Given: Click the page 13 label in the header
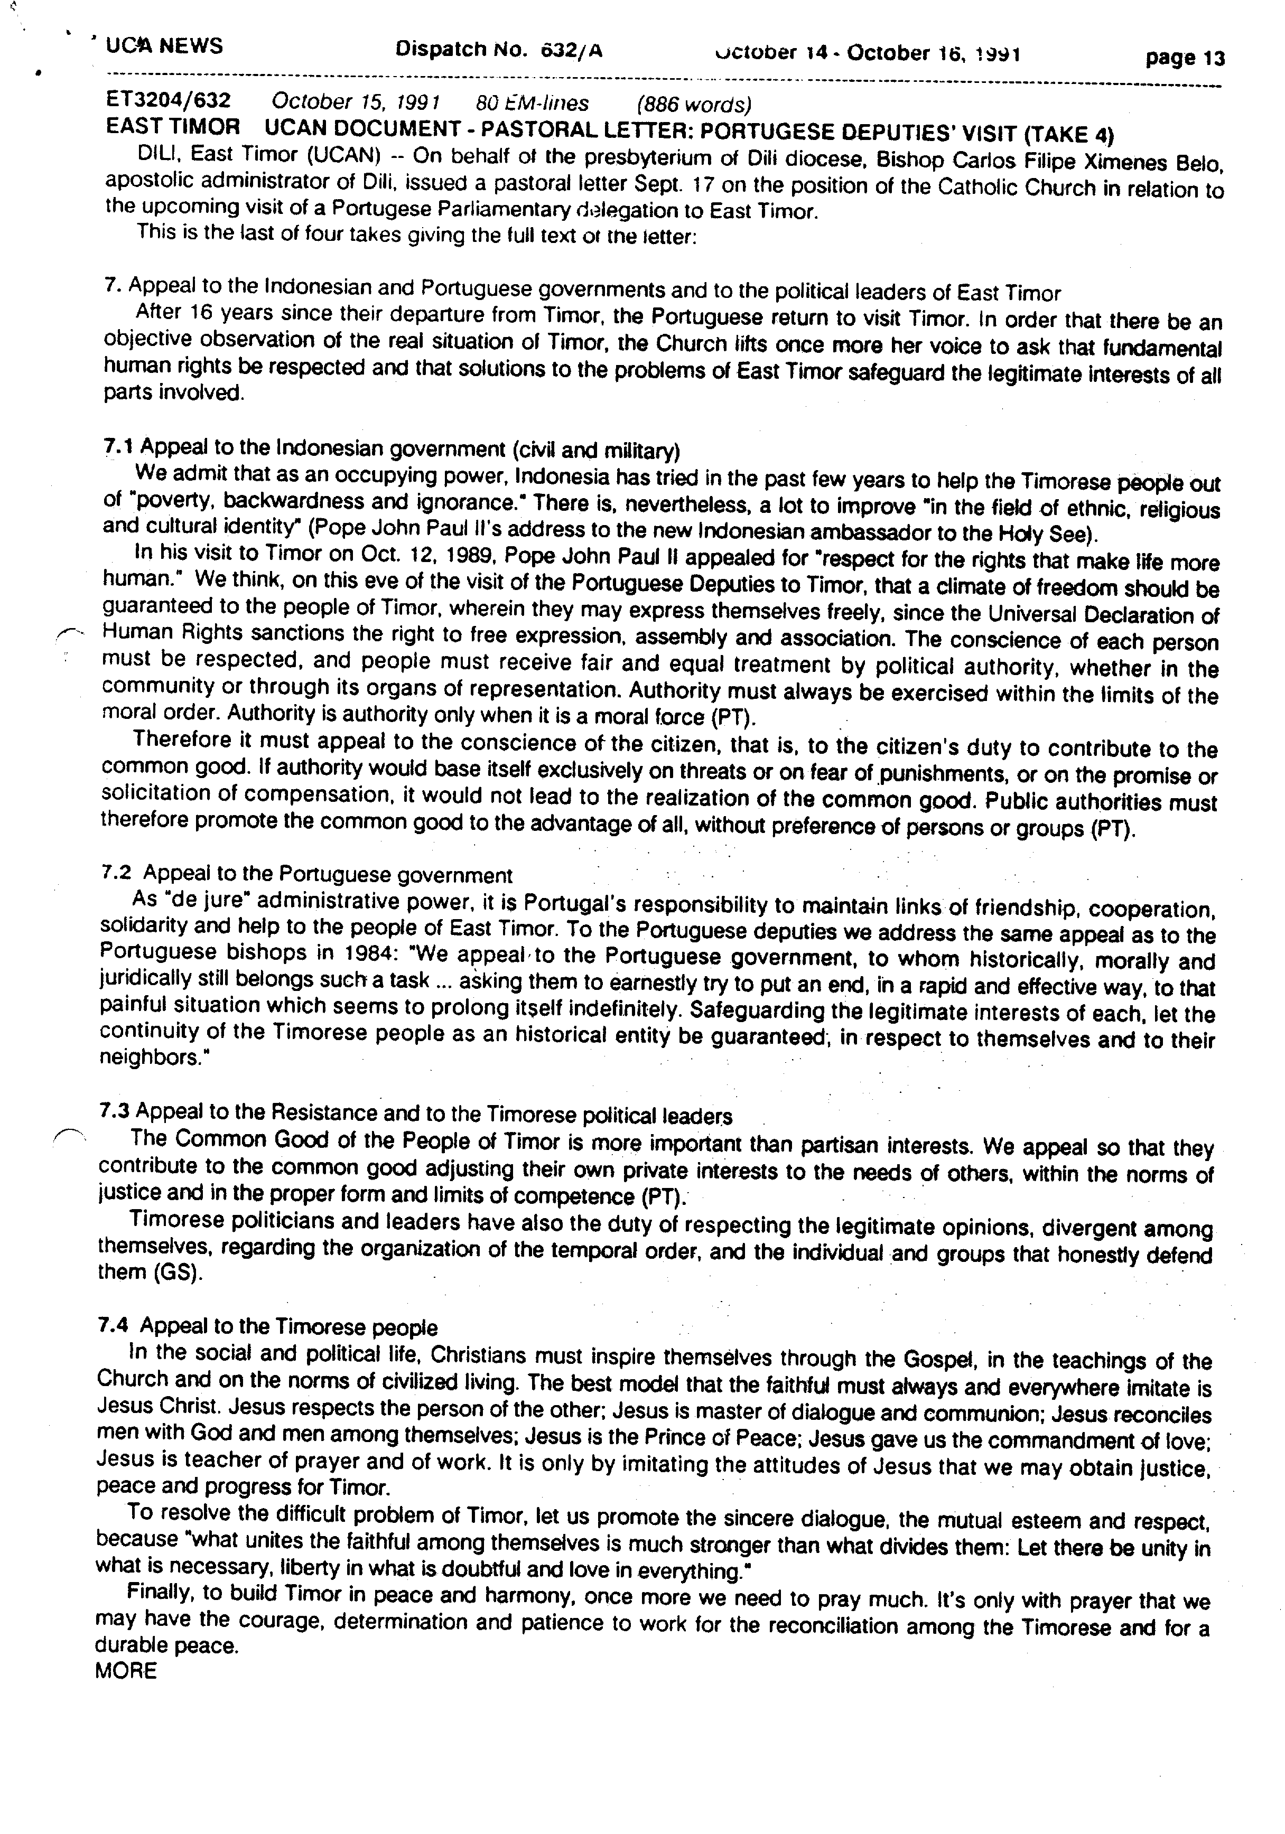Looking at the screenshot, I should pyautogui.click(x=1184, y=58).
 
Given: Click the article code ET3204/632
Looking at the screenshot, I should pyautogui.click(x=169, y=101).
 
